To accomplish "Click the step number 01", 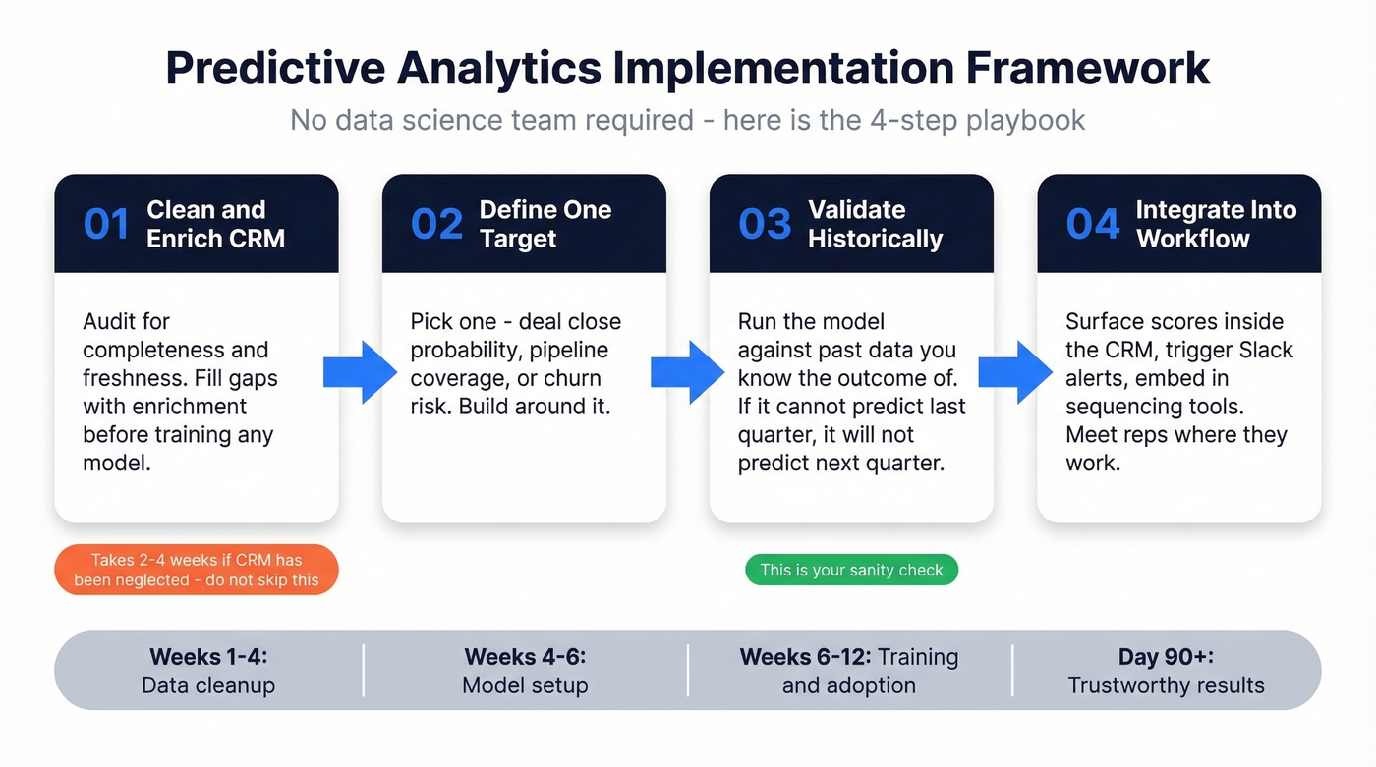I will pyautogui.click(x=105, y=224).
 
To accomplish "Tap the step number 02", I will pyautogui.click(x=436, y=224).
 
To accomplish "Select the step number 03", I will pyautogui.click(x=765, y=224).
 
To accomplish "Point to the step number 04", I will pyautogui.click(x=1092, y=224).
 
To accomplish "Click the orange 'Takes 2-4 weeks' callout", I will pyautogui.click(x=197, y=570).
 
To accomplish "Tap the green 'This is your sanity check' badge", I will pyautogui.click(x=851, y=570).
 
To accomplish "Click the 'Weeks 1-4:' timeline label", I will pyautogui.click(x=207, y=657).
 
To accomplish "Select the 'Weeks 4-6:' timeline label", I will pyautogui.click(x=525, y=657).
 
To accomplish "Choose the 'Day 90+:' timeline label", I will pyautogui.click(x=1166, y=657).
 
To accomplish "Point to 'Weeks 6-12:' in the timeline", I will pyautogui.click(x=805, y=657).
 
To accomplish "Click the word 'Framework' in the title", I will pyautogui.click(x=1087, y=69).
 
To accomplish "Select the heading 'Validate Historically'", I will pyautogui.click(x=875, y=224).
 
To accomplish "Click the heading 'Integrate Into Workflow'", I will pyautogui.click(x=1215, y=224).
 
